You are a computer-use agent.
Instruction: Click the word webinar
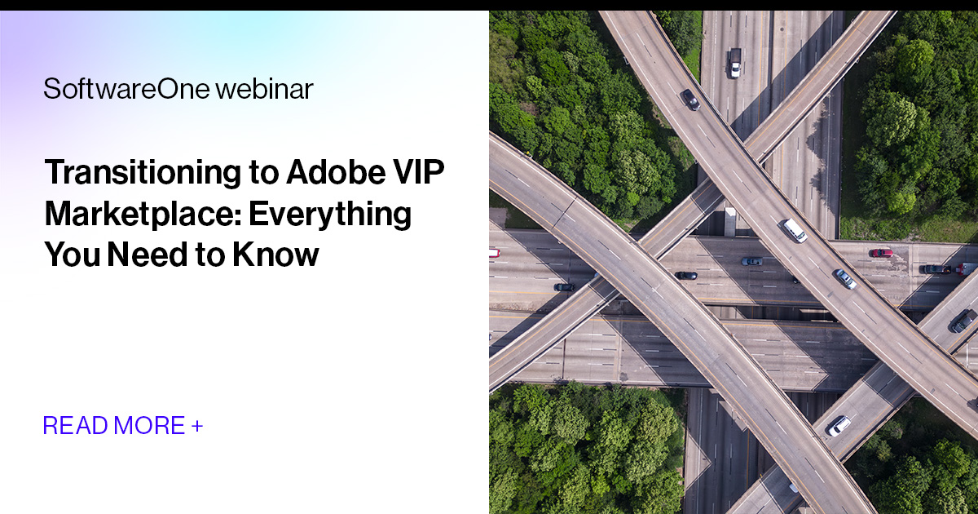click(264, 89)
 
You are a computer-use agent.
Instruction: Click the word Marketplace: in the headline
click(142, 214)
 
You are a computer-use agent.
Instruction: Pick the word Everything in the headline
click(330, 214)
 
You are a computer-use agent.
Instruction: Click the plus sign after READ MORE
click(197, 425)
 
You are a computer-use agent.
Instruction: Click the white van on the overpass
click(795, 230)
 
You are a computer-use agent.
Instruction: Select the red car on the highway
click(880, 253)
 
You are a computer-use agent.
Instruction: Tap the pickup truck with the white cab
click(735, 62)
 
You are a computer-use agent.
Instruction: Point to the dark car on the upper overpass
click(690, 100)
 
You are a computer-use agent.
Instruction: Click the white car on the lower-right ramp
click(839, 425)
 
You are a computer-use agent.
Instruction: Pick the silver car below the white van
click(844, 278)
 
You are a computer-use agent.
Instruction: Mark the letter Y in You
click(54, 255)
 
